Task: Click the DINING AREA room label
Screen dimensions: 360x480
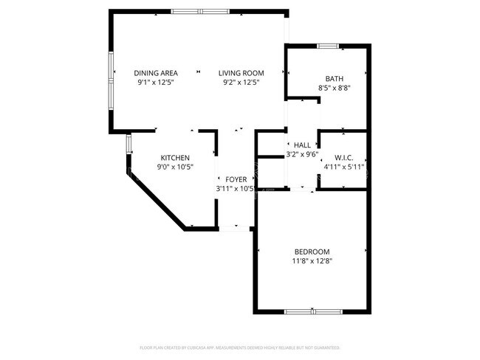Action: pos(156,73)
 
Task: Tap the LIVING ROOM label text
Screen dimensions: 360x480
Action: pos(241,73)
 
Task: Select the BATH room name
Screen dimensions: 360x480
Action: pos(334,78)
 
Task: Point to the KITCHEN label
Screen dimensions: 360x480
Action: pos(176,158)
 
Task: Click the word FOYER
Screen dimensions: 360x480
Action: pos(236,179)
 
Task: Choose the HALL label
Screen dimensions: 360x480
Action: pos(302,145)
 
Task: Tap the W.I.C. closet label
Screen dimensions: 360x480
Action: pos(344,157)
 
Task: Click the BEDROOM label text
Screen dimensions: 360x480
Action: pos(311,251)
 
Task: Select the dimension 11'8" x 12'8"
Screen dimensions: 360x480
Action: pos(311,260)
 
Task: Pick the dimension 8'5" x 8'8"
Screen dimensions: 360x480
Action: pos(334,88)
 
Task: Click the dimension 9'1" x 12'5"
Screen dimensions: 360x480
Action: pos(156,83)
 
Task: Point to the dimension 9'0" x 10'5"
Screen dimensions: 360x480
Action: pos(176,167)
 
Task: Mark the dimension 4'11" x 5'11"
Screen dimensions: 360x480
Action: pos(344,167)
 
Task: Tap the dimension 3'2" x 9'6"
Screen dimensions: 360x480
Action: pos(302,154)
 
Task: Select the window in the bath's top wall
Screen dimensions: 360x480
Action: pos(329,46)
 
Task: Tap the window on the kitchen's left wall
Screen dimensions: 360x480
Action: pos(128,142)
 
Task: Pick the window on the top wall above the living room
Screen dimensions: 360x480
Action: pos(199,11)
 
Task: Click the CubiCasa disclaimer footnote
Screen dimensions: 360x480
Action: pos(240,347)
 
